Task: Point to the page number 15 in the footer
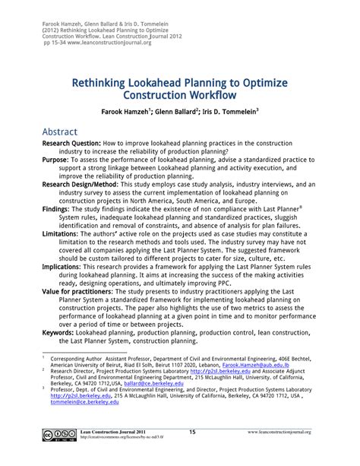click(x=192, y=453)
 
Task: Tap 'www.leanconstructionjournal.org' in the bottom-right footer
click(x=302, y=454)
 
